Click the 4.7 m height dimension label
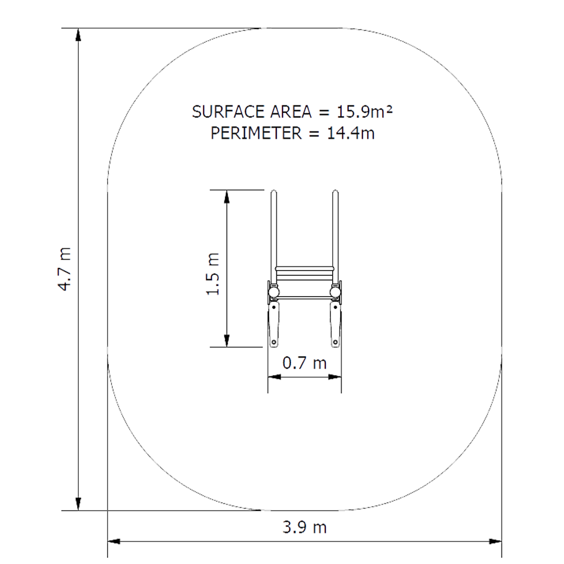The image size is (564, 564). (x=65, y=269)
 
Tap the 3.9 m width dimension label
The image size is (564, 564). (x=304, y=527)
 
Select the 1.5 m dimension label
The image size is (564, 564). (x=213, y=274)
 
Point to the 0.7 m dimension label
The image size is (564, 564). (x=304, y=362)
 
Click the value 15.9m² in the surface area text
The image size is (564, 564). (x=365, y=112)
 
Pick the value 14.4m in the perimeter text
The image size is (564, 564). (x=351, y=133)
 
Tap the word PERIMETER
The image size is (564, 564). (x=256, y=133)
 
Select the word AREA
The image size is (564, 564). (x=291, y=112)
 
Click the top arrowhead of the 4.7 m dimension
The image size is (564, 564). (x=78, y=35)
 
